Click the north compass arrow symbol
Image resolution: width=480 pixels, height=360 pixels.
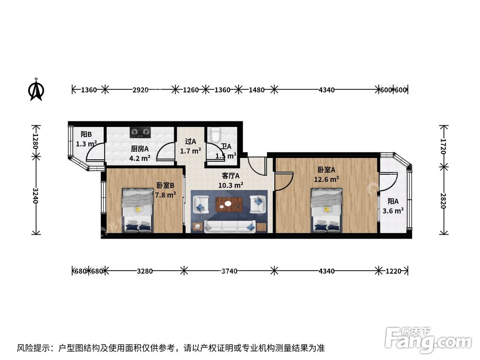coord(36,89)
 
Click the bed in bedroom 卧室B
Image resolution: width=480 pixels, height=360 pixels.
coord(138,210)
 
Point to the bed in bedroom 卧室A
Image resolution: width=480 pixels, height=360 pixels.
coord(326,209)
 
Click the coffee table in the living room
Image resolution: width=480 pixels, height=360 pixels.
coord(228,204)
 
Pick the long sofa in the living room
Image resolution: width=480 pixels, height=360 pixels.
coord(229,226)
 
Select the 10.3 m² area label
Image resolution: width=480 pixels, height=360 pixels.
coord(230,184)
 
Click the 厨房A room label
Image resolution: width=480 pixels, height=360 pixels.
coord(140,148)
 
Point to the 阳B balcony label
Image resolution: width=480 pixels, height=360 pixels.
coord(86,134)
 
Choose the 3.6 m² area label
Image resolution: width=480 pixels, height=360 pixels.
coord(393,210)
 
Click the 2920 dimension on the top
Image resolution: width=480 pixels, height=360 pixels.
coord(140,90)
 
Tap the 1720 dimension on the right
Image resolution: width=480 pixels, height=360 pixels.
coord(444,145)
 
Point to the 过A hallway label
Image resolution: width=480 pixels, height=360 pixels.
coord(191,142)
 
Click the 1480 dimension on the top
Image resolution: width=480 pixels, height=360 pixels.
coord(256,90)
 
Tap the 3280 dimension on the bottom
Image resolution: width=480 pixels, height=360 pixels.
coord(144,271)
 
